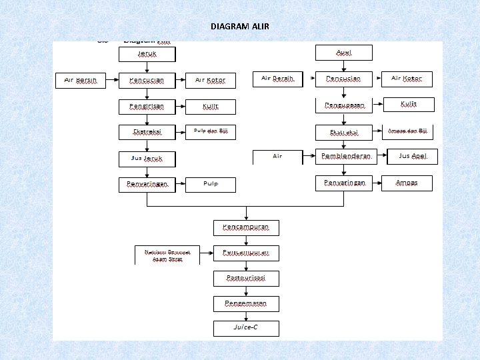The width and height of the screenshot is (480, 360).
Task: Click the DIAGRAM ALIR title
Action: [x=240, y=27]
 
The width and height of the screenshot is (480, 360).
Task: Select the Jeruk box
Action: [x=147, y=53]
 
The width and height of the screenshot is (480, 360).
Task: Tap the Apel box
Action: [x=343, y=53]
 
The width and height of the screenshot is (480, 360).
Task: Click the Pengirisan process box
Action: [x=147, y=106]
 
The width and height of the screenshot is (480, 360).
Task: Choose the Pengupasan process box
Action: [x=343, y=105]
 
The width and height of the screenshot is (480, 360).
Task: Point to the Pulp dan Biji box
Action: [x=211, y=131]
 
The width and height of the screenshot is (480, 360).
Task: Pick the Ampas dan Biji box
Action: [x=408, y=131]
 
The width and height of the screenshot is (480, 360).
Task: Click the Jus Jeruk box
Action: [x=147, y=159]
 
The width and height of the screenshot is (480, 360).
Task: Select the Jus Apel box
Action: [x=408, y=157]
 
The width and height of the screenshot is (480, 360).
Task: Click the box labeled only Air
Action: [x=277, y=157]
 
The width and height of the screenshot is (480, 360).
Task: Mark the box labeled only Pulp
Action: [x=211, y=184]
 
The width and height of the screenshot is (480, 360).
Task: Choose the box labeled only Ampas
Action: [x=408, y=183]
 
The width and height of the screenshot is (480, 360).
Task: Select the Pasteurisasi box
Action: [x=246, y=278]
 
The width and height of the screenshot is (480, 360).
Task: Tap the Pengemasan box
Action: [x=246, y=303]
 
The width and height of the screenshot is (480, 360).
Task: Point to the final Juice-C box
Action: [x=246, y=329]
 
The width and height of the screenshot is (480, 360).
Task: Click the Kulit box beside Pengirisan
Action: [x=211, y=106]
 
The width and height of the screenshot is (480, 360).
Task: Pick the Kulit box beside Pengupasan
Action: [x=408, y=105]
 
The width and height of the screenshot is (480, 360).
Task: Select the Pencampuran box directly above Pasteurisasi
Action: [x=246, y=253]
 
